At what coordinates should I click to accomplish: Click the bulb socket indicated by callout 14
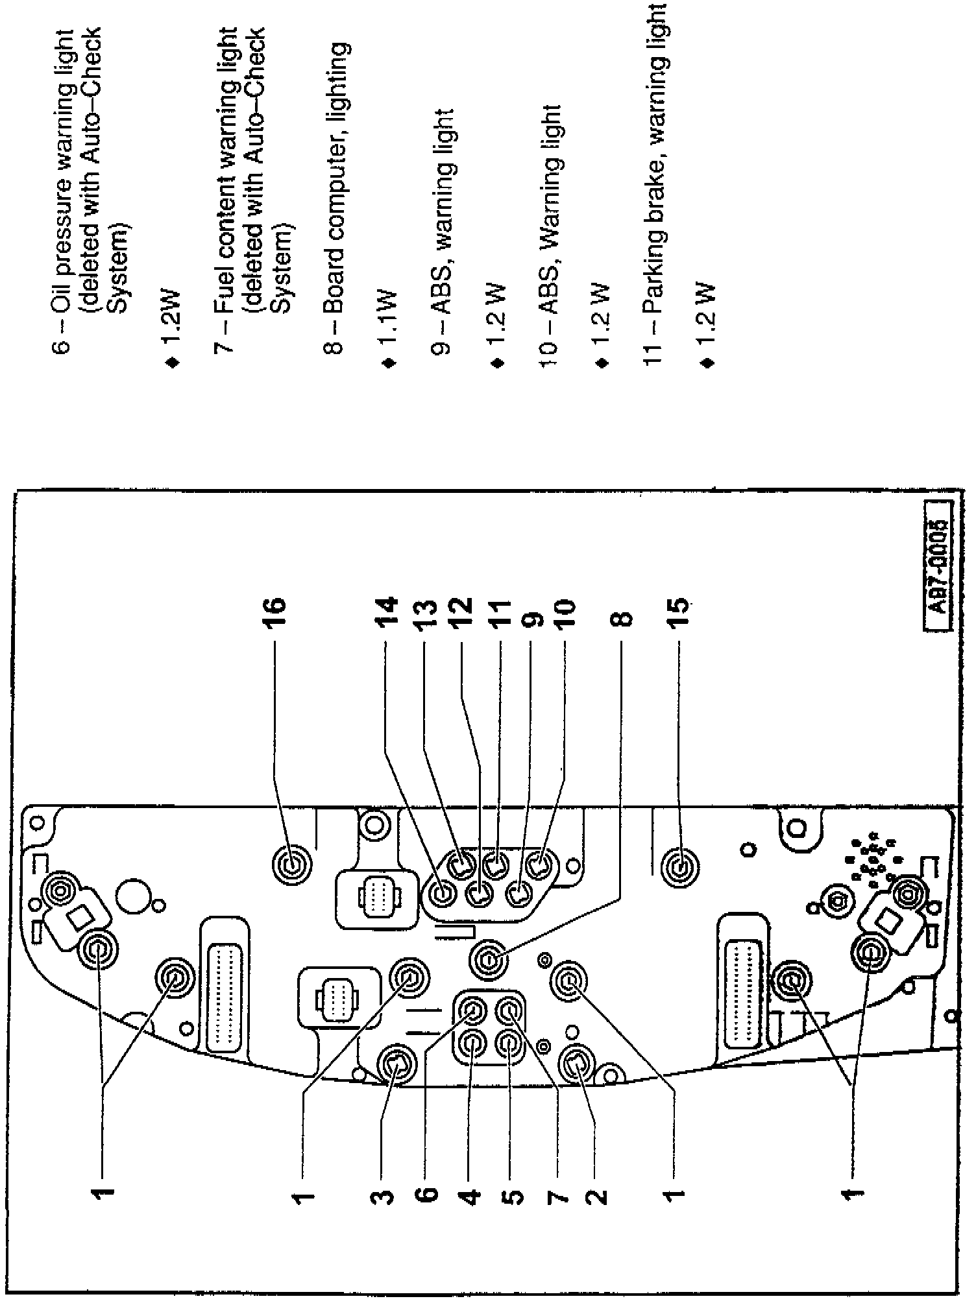point(443,895)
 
